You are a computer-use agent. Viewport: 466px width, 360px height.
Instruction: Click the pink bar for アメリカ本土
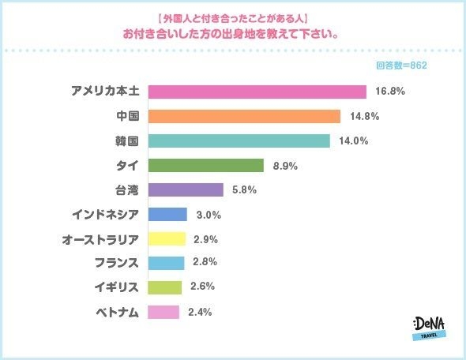pos(257,92)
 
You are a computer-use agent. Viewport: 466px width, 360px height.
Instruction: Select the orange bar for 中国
pos(244,116)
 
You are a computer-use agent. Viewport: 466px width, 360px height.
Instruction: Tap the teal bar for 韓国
pos(239,141)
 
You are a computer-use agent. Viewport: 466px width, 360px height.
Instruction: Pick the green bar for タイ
pos(205,165)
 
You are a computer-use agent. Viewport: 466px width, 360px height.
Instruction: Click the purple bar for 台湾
pos(186,189)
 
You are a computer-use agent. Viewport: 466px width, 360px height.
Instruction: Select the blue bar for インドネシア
pos(167,214)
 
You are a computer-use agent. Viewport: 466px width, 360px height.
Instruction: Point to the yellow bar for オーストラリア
pos(167,238)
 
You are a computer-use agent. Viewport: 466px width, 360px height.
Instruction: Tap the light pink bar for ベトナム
pos(163,312)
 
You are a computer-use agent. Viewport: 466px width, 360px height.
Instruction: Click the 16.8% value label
pos(389,92)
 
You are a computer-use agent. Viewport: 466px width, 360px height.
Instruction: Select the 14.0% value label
pos(353,141)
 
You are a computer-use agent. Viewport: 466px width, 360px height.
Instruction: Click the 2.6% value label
pos(204,287)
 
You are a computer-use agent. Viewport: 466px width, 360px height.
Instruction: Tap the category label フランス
pos(116,263)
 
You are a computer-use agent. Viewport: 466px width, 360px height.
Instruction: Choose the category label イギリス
pos(116,287)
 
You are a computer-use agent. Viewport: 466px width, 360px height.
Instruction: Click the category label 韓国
pos(126,141)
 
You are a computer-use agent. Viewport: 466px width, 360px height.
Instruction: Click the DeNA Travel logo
pos(429,327)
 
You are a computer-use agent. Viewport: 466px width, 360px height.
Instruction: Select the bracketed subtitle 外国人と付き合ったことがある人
pos(232,17)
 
